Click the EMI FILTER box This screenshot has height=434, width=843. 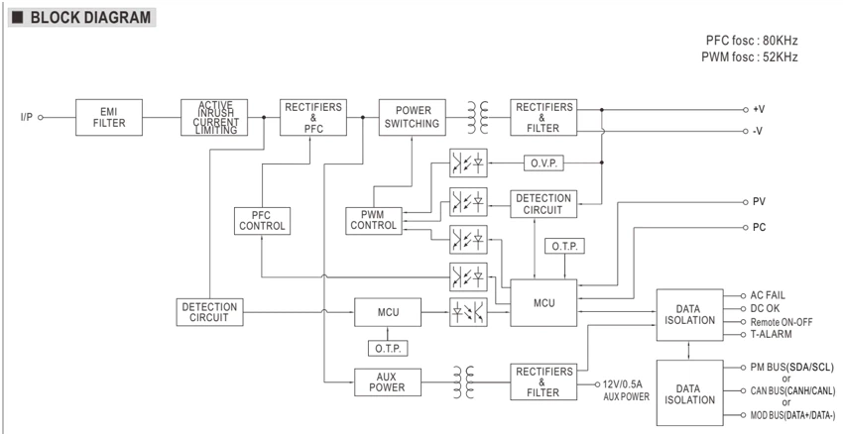point(109,117)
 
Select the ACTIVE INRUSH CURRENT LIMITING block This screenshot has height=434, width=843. point(214,117)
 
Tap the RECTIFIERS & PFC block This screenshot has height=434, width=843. point(313,117)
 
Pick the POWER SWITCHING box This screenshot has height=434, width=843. point(413,117)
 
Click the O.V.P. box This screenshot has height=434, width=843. point(543,163)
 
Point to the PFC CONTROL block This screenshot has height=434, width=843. point(263,221)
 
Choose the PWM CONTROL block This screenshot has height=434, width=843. point(374,221)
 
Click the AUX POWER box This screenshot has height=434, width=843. point(388,381)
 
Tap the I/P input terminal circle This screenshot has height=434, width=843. point(41,117)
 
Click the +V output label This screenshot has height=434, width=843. point(759,110)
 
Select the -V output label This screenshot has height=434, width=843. point(758,131)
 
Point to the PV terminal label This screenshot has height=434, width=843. point(759,202)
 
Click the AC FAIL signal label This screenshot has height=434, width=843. point(768,295)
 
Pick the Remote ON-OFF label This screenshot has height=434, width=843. point(782,322)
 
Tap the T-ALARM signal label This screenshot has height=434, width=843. point(771,334)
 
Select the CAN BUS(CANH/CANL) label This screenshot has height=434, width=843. point(793,390)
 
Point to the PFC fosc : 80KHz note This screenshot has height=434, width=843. point(752,41)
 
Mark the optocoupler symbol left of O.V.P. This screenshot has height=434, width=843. point(468,163)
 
